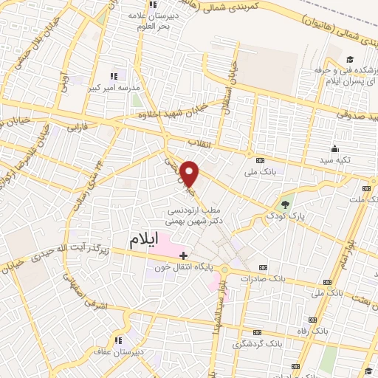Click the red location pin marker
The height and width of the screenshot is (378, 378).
pos(190,173)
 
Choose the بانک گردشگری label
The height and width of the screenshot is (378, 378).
pos(258,344)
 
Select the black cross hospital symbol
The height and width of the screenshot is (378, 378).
pos(184,255)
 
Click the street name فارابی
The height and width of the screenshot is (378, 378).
pos(78,127)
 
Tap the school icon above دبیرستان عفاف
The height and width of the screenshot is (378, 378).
pos(118,340)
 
